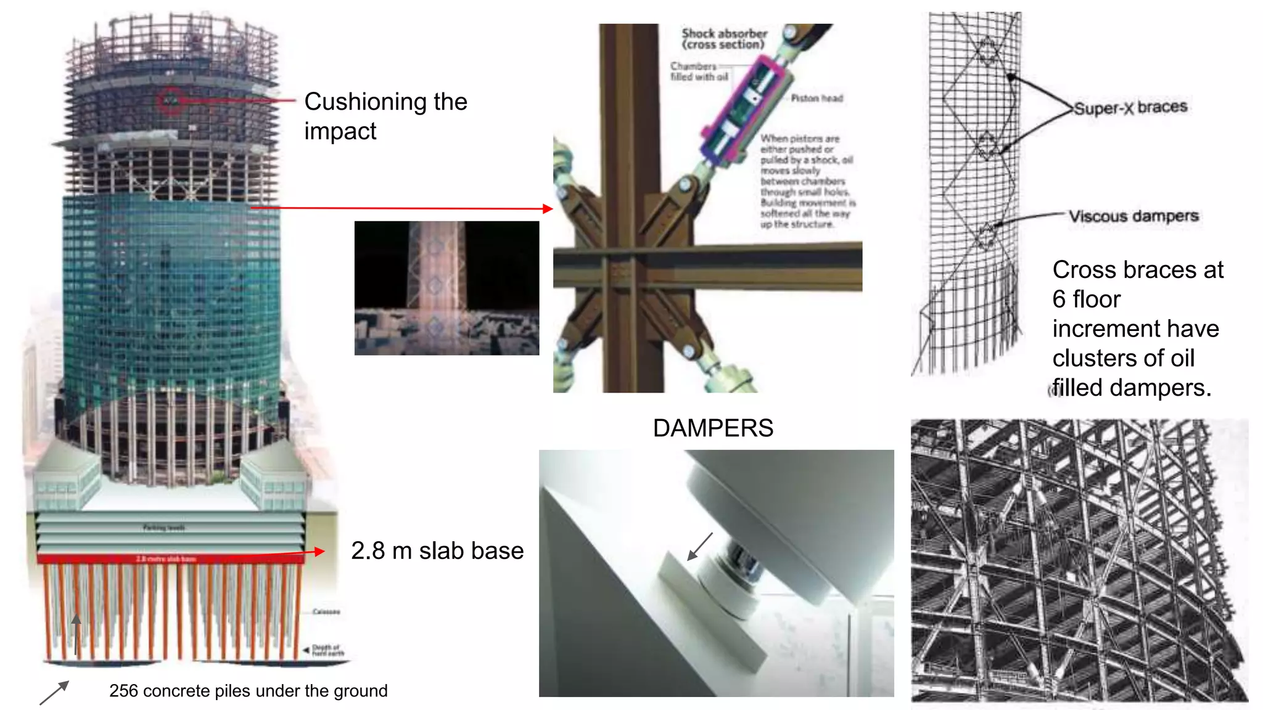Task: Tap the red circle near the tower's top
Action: (171, 100)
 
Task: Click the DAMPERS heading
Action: (713, 428)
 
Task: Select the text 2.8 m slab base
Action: (437, 550)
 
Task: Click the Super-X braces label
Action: (1130, 107)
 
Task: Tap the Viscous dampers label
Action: (1133, 216)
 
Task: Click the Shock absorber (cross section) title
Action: (724, 39)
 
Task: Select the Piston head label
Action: (817, 98)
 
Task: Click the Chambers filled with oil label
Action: (699, 71)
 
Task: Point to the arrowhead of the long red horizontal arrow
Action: (548, 208)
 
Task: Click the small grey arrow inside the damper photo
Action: (700, 547)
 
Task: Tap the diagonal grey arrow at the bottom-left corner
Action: (54, 693)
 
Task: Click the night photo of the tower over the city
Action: (446, 288)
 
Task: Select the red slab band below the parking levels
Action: (170, 559)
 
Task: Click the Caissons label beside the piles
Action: (326, 611)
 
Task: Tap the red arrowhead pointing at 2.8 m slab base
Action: (319, 552)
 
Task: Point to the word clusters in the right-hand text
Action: (1092, 358)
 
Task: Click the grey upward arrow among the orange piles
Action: (76, 632)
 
